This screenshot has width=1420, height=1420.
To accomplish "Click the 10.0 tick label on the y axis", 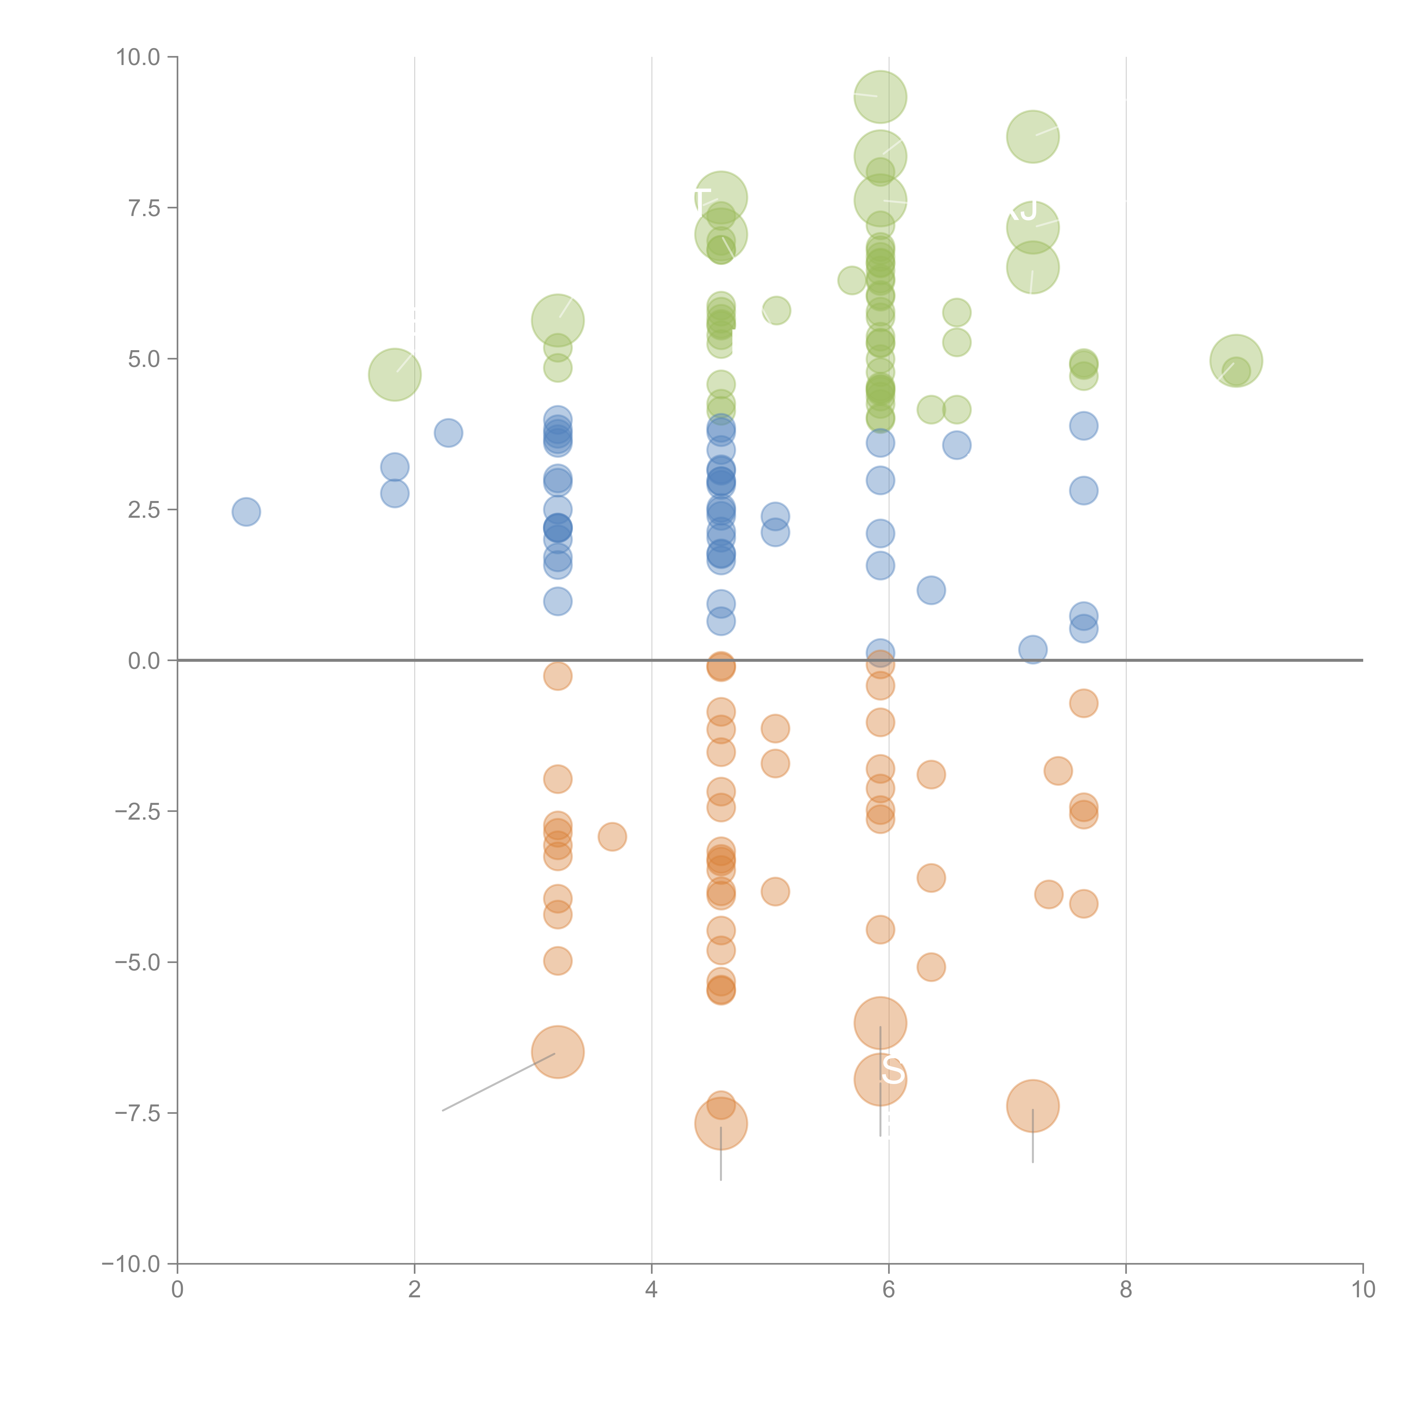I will (138, 57).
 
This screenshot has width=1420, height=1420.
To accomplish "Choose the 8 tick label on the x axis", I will (1126, 1290).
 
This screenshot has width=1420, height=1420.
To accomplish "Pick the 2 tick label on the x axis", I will (415, 1290).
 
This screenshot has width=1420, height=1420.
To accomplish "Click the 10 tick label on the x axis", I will (1363, 1290).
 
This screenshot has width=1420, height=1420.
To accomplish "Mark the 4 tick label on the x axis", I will (651, 1290).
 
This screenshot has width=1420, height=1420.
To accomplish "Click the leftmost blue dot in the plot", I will (246, 511).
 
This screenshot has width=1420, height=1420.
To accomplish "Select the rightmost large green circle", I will (1236, 361).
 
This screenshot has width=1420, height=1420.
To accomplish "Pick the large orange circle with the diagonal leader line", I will (558, 1052).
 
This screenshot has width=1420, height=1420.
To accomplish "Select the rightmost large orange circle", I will (1033, 1106).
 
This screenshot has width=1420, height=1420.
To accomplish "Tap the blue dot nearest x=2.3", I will (448, 433).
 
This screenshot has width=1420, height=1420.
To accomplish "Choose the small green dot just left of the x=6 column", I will (852, 280).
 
